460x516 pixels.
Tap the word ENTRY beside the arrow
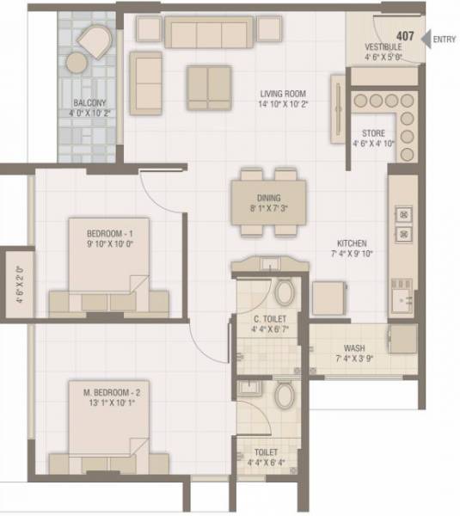click(x=445, y=38)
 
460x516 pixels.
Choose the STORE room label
click(x=374, y=133)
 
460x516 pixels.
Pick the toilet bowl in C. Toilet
click(x=285, y=294)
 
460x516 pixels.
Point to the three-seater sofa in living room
click(x=209, y=34)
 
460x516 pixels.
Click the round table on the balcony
click(x=77, y=63)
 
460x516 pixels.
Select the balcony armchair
click(x=93, y=40)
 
